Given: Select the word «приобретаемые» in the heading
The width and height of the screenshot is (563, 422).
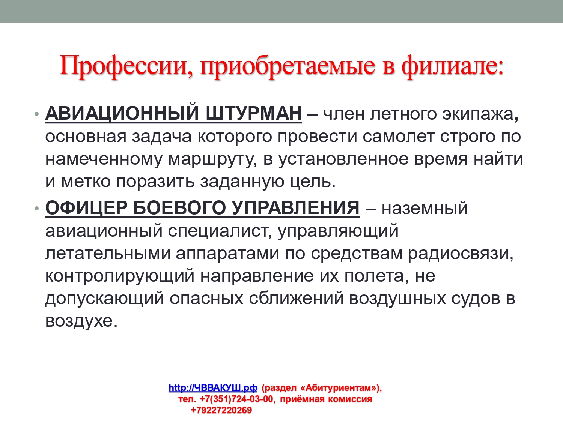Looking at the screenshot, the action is tap(287, 67).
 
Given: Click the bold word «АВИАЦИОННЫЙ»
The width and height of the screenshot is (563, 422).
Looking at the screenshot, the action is tap(122, 113).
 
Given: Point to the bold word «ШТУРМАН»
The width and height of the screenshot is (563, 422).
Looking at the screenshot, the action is tap(253, 113).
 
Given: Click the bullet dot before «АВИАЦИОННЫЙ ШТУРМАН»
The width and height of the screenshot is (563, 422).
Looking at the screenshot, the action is tap(36, 114).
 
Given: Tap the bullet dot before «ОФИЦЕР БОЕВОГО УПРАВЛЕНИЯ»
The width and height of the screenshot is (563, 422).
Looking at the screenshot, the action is tap(36, 208).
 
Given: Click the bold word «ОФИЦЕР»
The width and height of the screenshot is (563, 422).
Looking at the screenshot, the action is tap(86, 208).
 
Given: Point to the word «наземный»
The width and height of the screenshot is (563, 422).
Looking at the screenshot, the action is tap(425, 208).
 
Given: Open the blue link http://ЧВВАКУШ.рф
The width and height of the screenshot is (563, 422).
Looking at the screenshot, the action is tap(213, 387).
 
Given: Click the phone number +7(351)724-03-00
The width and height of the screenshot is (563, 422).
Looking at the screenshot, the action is tap(236, 399).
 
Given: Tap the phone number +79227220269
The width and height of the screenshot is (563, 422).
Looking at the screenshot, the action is tap(221, 410).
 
